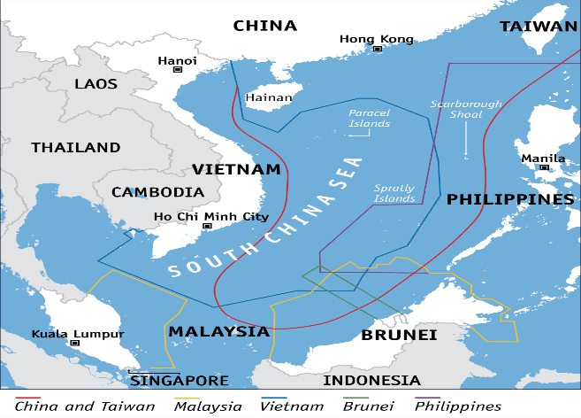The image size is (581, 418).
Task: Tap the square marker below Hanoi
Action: (178, 68)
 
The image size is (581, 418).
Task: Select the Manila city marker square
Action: (544, 166)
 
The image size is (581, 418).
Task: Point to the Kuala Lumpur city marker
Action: (75, 342)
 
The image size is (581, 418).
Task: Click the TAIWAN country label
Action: (538, 27)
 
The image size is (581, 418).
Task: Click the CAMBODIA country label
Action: (158, 191)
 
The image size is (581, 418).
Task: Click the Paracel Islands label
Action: (369, 119)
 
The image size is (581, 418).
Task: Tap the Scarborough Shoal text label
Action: (466, 109)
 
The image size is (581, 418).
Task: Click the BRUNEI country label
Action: (400, 335)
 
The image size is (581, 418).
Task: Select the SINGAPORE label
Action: (180, 381)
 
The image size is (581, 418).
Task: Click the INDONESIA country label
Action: (371, 380)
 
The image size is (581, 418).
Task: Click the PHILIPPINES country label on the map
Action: (510, 199)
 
